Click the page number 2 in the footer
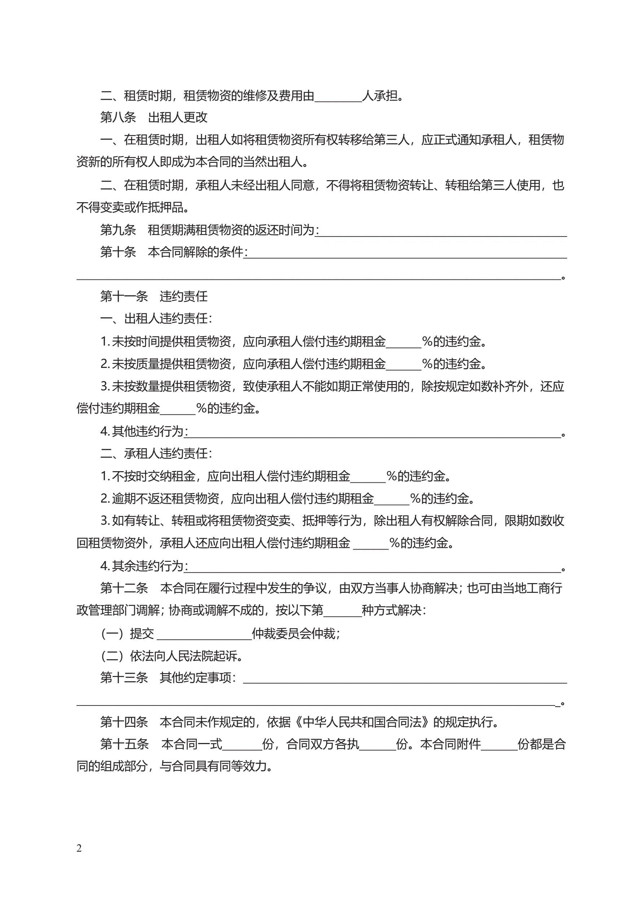click(79, 848)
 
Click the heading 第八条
click(118, 117)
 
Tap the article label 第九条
click(118, 230)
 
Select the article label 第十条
click(118, 252)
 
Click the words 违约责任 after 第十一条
click(183, 296)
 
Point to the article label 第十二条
click(124, 588)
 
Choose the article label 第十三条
click(124, 677)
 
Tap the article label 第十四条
click(124, 722)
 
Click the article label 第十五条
click(124, 744)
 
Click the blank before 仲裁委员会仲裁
click(205, 635)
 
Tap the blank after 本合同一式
click(242, 746)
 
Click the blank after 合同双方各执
click(377, 746)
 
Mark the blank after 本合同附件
click(499, 746)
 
